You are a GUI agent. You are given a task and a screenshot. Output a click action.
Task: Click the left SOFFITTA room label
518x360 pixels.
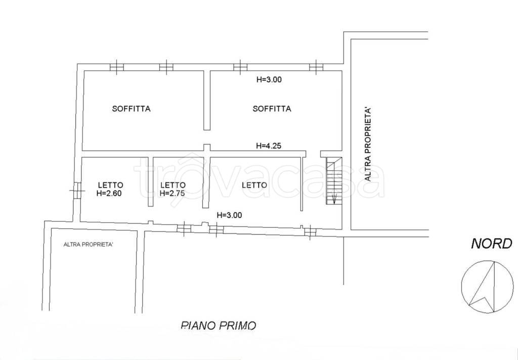point(131,109)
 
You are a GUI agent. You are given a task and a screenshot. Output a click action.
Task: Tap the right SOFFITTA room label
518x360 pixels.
point(272,109)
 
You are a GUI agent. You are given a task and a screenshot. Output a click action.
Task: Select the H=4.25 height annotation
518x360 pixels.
point(269,145)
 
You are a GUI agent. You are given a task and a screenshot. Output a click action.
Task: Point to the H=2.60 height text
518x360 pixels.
point(109,193)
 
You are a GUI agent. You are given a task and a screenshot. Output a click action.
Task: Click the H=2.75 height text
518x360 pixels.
point(172,193)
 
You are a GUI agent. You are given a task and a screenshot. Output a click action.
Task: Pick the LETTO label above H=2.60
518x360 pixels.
point(111,185)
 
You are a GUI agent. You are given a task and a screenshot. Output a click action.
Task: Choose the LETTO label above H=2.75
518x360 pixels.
point(173,185)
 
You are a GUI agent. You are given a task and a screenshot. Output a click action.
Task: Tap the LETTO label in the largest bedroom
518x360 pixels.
point(254,185)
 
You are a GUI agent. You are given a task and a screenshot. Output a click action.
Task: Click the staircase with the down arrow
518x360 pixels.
point(334,181)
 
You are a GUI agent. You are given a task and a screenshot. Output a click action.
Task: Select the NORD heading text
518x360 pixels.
point(491,244)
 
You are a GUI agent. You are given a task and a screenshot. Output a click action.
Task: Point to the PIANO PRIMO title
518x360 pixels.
point(219,325)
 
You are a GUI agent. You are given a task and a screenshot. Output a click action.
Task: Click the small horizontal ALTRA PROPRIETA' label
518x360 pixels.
point(89,245)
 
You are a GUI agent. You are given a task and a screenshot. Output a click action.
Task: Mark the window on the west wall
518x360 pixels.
point(77,191)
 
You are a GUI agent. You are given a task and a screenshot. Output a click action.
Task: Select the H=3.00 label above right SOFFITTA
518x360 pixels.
point(269,79)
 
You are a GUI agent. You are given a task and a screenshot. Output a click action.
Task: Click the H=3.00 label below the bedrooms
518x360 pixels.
point(229,215)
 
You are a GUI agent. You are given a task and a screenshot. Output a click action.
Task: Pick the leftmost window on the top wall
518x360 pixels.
point(117,67)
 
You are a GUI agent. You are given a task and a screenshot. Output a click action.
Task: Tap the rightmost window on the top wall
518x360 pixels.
point(316,67)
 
